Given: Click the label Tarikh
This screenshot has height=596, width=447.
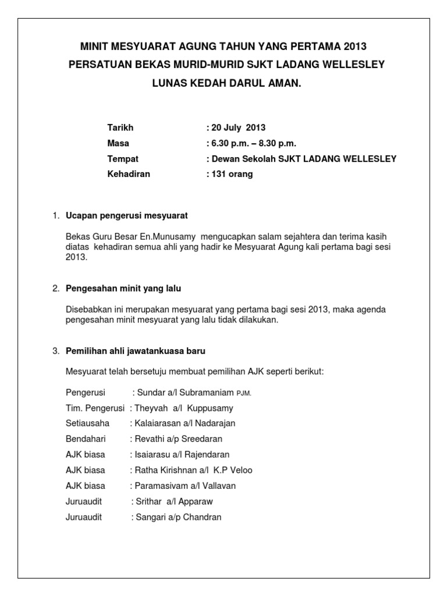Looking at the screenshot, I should click(x=120, y=127).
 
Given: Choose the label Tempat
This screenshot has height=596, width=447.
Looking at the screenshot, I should click(x=123, y=158).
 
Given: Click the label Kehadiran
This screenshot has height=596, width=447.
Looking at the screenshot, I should click(x=129, y=174).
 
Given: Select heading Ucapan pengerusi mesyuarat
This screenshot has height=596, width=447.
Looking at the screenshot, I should click(x=127, y=216).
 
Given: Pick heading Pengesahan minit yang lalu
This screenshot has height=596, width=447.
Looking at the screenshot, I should click(x=127, y=288).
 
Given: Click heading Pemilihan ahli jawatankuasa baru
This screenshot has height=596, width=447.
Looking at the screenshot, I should click(x=136, y=351).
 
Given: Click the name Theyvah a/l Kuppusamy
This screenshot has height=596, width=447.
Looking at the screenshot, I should click(x=184, y=408).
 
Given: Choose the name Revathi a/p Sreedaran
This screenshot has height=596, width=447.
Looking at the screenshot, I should click(x=178, y=439).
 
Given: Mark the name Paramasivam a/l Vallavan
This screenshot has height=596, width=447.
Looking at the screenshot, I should click(x=185, y=485).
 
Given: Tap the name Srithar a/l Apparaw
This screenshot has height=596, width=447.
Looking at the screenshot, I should click(x=174, y=501).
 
